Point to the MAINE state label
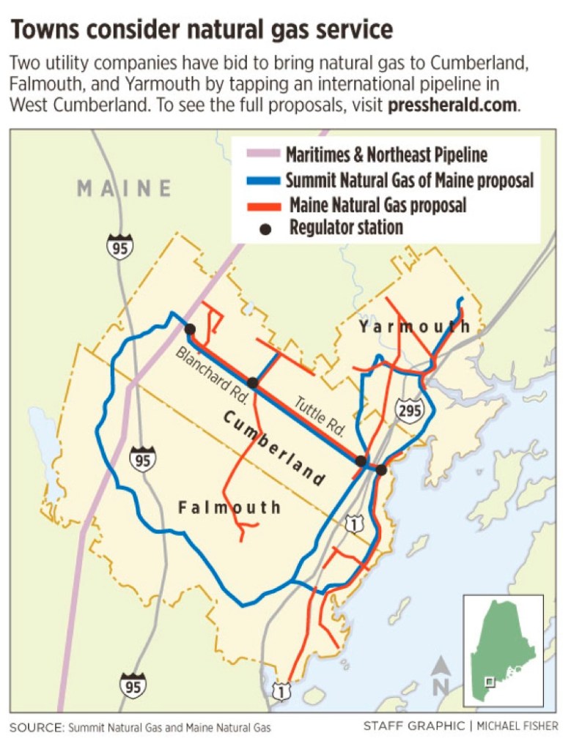pos(124,189)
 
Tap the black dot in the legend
pos(266,228)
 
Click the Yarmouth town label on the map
pos(414,327)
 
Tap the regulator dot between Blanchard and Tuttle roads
pos(253,382)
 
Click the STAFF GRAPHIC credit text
pos(413,726)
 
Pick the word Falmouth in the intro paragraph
pos(41,84)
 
